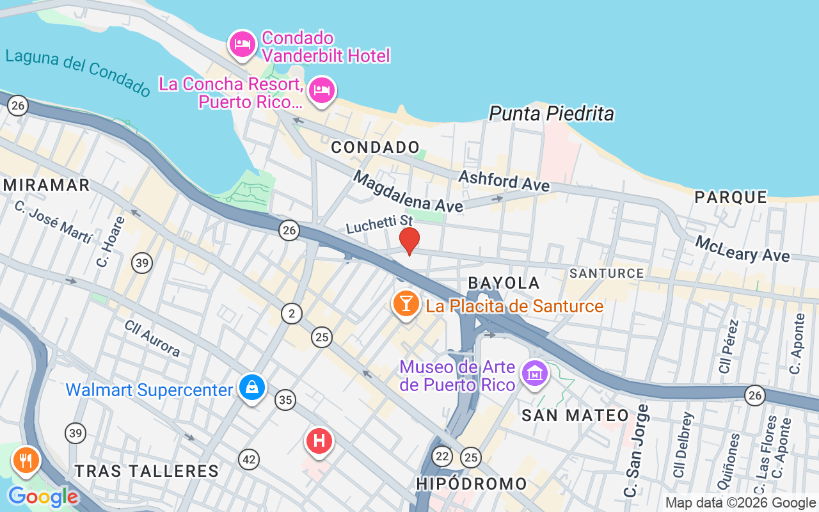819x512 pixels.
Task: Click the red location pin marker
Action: (409, 240)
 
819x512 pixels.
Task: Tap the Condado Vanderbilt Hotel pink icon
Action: (243, 45)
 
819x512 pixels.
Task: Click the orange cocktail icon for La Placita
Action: (406, 303)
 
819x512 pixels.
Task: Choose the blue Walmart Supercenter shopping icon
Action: (253, 387)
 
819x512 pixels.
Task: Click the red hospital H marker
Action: (319, 441)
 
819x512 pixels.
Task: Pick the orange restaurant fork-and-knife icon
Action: (26, 460)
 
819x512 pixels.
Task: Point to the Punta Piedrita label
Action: (552, 114)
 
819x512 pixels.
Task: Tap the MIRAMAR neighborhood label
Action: (46, 185)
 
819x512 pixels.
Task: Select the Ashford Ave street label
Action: (504, 181)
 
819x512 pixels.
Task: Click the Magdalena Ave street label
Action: (408, 192)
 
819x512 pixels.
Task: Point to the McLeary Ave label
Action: (742, 249)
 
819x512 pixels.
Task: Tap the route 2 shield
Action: (292, 314)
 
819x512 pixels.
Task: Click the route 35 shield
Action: (285, 401)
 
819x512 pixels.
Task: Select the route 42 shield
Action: (250, 459)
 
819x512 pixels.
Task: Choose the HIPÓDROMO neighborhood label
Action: (472, 484)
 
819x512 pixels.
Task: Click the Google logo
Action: (43, 497)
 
